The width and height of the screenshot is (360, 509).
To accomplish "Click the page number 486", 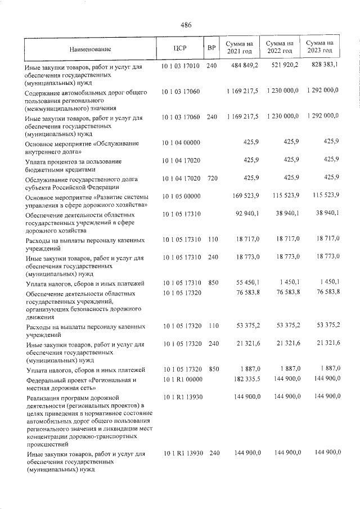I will click(186, 25).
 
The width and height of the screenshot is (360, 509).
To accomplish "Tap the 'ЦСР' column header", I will click(180, 48).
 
